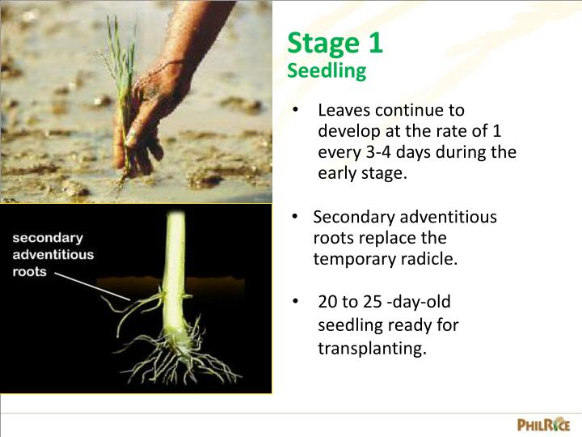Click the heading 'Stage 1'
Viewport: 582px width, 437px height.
click(x=335, y=43)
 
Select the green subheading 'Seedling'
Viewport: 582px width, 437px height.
click(x=327, y=71)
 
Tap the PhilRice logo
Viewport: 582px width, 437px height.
click(x=543, y=424)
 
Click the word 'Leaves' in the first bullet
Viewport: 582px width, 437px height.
click(x=344, y=110)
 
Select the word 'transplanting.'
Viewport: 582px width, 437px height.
click(x=371, y=349)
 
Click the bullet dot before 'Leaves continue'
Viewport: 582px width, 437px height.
click(x=297, y=110)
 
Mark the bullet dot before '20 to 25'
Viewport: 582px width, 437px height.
click(x=297, y=302)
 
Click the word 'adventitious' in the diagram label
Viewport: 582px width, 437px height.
click(x=53, y=254)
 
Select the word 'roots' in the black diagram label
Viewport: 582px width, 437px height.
click(x=29, y=272)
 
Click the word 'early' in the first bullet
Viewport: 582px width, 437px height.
click(x=337, y=173)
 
